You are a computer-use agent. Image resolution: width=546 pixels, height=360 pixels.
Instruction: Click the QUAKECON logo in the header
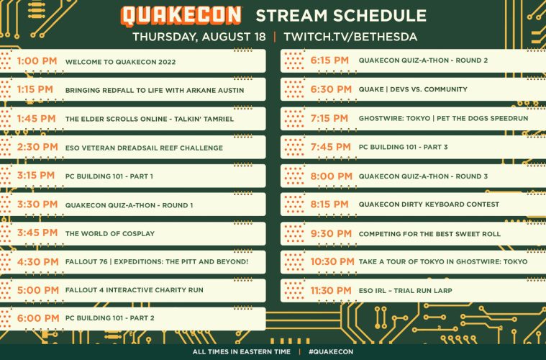(181, 16)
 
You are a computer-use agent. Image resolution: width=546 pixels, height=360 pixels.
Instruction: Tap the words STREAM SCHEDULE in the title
(341, 16)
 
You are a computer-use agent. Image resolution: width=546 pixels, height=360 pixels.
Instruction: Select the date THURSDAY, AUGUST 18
(199, 37)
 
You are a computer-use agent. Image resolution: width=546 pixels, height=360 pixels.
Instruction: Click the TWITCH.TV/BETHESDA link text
(350, 37)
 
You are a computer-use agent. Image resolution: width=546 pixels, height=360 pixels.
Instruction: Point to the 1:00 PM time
(37, 61)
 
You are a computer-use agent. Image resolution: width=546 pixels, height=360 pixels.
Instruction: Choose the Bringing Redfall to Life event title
(155, 90)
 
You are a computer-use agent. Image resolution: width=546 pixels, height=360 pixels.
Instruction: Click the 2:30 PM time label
(37, 147)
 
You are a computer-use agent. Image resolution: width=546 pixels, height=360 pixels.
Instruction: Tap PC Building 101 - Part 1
(109, 176)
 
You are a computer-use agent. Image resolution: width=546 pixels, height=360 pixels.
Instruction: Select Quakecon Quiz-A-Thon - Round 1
(129, 205)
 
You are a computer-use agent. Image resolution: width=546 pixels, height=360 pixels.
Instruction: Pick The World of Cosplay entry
(109, 234)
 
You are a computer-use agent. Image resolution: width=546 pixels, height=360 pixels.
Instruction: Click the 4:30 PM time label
(38, 262)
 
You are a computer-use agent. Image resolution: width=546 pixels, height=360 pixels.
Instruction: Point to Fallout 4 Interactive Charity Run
(134, 290)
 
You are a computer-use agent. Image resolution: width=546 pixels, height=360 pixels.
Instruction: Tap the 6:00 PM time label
(38, 318)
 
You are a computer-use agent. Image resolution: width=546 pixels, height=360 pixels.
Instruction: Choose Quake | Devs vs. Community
(413, 89)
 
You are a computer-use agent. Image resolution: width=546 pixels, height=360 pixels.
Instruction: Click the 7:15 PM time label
(329, 119)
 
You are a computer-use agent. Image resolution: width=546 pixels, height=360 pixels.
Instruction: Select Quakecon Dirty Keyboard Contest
(429, 204)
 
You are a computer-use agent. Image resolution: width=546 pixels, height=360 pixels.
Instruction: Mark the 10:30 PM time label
(332, 261)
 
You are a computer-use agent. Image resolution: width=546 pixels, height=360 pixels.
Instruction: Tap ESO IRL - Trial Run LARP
(405, 291)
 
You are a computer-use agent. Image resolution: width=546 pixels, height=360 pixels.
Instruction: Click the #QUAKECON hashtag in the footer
(331, 352)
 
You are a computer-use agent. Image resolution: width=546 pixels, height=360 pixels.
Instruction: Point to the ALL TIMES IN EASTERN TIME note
(241, 352)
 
